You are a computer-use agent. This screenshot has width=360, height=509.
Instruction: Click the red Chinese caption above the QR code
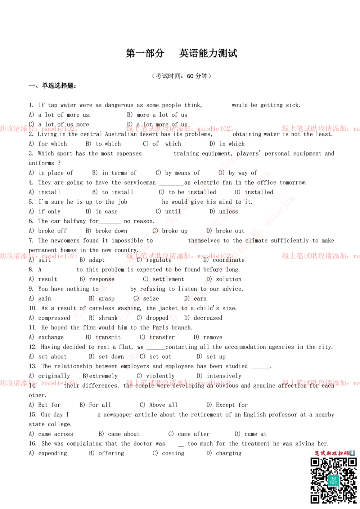(x=332, y=453)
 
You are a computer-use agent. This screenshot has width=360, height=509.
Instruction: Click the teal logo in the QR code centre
(x=333, y=481)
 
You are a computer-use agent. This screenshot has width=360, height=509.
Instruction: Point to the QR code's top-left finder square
(x=315, y=463)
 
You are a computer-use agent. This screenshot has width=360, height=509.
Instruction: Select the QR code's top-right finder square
(x=351, y=463)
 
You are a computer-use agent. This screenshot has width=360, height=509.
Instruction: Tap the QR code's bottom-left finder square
(x=315, y=499)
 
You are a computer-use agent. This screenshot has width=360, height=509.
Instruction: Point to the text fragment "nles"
(x=229, y=212)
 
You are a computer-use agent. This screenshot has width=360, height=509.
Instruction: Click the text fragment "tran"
(x=102, y=338)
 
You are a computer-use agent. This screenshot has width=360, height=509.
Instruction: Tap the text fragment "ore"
(x=217, y=269)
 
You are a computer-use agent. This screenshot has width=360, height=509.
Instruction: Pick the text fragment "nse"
(x=109, y=279)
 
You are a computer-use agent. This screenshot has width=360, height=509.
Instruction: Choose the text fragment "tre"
(x=153, y=337)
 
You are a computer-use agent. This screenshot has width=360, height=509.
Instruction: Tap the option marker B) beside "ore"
(x=209, y=278)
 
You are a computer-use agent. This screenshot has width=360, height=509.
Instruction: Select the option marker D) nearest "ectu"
(x=222, y=173)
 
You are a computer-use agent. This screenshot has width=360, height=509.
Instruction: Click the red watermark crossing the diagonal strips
(x=179, y=256)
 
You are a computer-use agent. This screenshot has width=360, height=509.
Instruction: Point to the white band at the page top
(x=180, y=30)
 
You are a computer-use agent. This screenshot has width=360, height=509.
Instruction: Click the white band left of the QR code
(x=151, y=481)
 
